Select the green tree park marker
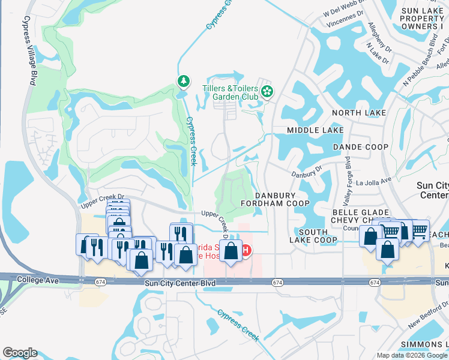click(x=183, y=80)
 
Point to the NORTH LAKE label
click(x=357, y=113)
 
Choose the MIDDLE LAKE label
click(x=315, y=130)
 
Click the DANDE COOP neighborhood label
click(x=357, y=146)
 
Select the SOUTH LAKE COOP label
click(x=313, y=236)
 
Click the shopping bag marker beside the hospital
click(x=231, y=251)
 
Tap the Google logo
click(x=20, y=353)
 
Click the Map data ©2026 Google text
click(x=412, y=355)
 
